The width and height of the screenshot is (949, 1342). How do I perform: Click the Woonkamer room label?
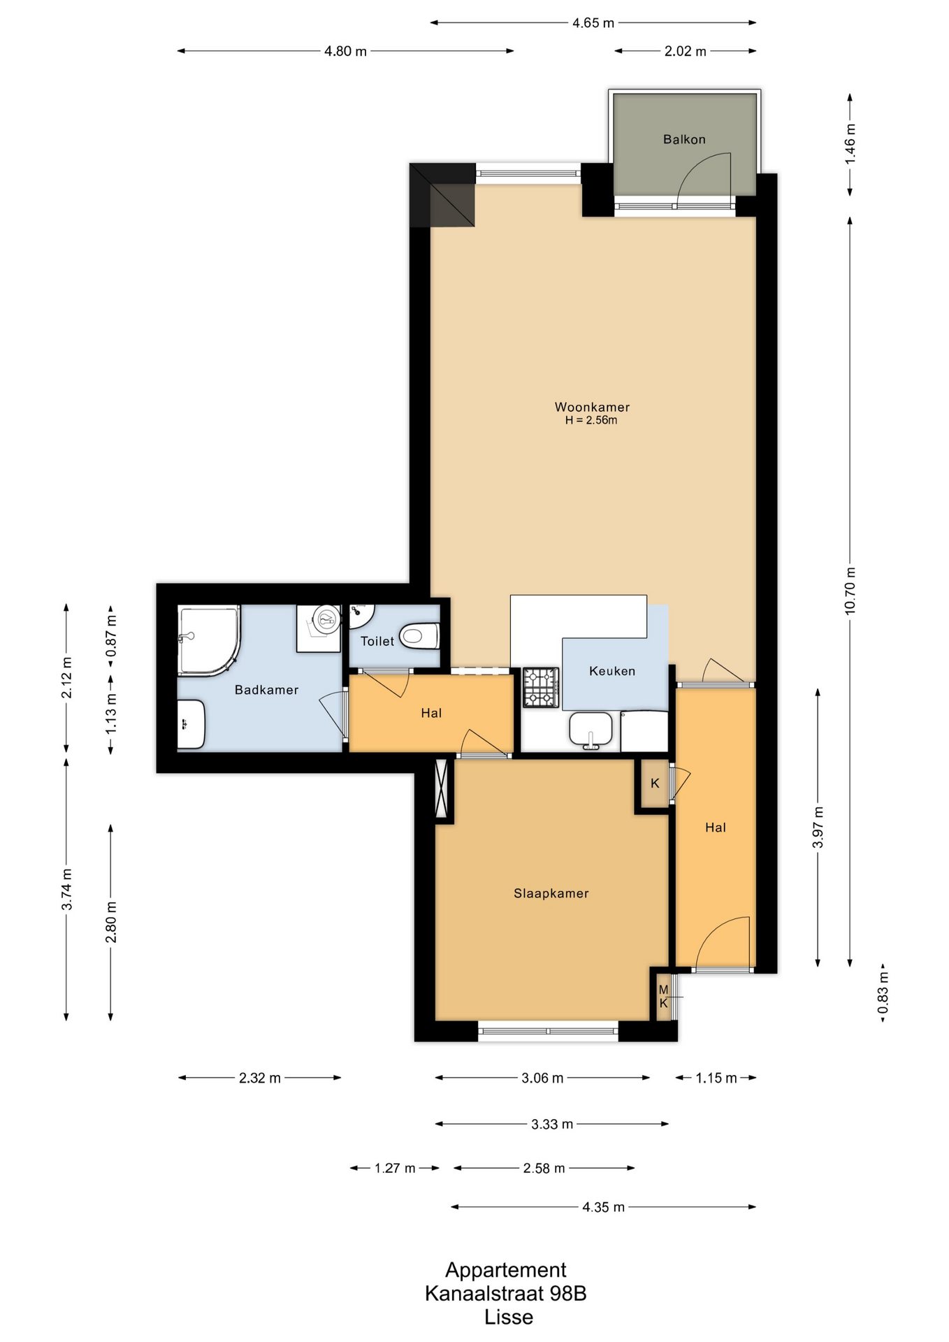click(x=592, y=407)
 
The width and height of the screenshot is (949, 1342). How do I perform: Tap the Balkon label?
click(x=684, y=139)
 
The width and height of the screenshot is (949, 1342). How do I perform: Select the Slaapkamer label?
click(x=551, y=893)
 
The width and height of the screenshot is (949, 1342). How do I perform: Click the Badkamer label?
click(x=266, y=690)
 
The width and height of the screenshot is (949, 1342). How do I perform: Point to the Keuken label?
click(x=612, y=671)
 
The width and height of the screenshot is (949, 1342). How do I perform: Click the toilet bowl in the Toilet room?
click(x=419, y=637)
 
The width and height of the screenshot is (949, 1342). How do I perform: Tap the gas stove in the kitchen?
click(x=541, y=688)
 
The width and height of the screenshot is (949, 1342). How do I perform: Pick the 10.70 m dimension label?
click(x=850, y=591)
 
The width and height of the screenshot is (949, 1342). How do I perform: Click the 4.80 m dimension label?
click(x=345, y=51)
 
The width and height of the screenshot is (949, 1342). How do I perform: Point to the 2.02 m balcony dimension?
click(x=685, y=51)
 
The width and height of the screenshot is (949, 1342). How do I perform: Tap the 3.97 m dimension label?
click(x=818, y=828)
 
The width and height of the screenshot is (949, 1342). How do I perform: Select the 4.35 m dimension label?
click(x=603, y=1207)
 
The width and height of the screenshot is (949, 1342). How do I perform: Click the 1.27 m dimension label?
click(x=395, y=1168)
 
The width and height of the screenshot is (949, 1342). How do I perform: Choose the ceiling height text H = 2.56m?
click(x=591, y=421)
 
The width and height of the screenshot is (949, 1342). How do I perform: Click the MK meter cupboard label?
click(x=663, y=997)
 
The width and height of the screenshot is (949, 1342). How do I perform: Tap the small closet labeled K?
click(x=655, y=784)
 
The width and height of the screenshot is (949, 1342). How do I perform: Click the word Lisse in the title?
click(x=509, y=1318)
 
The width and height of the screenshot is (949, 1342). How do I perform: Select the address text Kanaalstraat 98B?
click(x=505, y=1294)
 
